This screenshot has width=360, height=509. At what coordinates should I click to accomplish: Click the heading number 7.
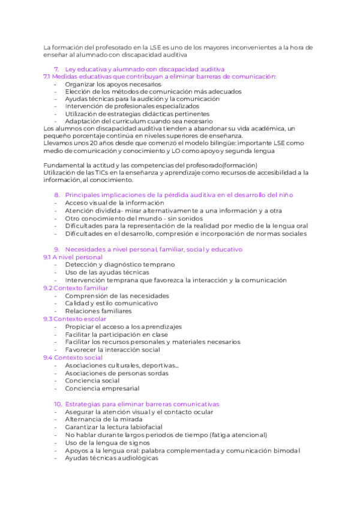57,69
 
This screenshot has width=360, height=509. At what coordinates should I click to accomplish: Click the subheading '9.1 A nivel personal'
73,257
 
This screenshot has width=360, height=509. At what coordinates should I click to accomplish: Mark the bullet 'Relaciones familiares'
98,311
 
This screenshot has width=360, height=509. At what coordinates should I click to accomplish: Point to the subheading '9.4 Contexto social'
73,358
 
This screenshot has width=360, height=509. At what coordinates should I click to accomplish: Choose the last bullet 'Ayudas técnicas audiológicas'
112,458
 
